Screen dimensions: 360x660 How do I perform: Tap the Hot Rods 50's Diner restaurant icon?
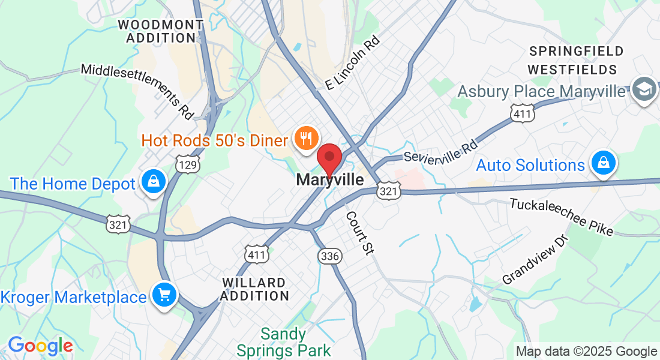[x=306, y=139]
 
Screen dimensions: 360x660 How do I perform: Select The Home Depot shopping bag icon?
[x=154, y=181]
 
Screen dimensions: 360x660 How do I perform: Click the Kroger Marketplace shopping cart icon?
[x=163, y=295]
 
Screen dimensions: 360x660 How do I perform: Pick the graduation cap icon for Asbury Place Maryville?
[x=644, y=89]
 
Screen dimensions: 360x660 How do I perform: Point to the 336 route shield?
[x=329, y=256]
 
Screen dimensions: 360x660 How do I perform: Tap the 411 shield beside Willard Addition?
[x=256, y=253]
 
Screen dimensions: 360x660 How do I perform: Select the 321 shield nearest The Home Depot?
[x=117, y=224]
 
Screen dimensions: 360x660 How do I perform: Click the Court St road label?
[x=359, y=233]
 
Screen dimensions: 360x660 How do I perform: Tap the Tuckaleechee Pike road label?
[x=561, y=217]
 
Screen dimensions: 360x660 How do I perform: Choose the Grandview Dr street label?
[x=535, y=260]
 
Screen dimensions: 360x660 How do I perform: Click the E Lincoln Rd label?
[x=353, y=63]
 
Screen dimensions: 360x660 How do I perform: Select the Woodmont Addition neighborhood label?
[x=160, y=31]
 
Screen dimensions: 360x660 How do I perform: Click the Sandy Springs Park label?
[x=284, y=341]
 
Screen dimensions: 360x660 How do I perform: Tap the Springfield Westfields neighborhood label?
[x=577, y=60]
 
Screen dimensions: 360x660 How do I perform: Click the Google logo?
[x=40, y=346]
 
